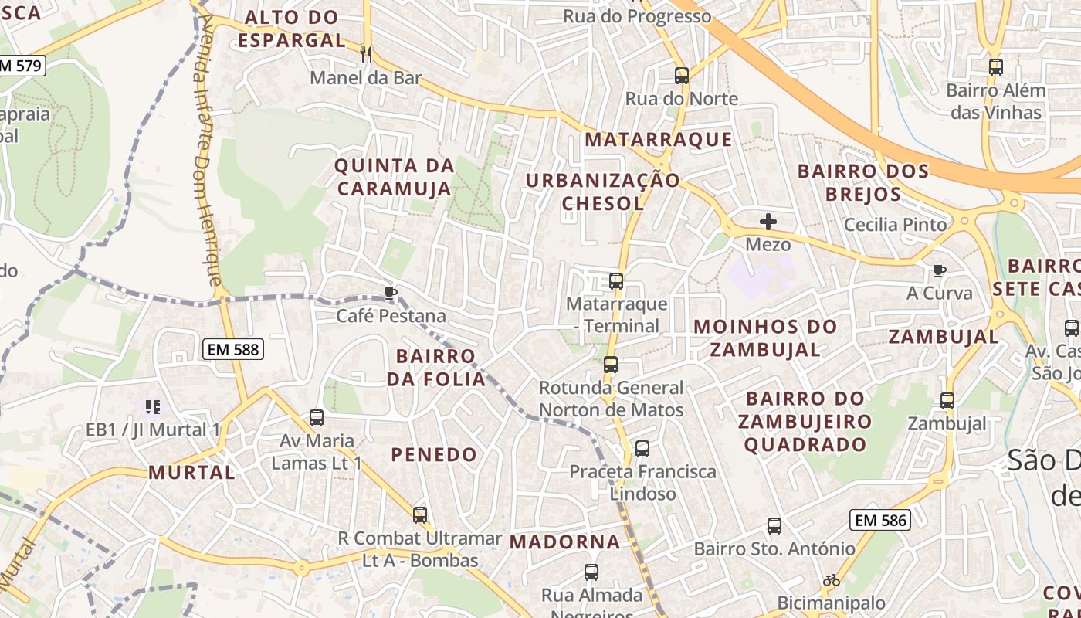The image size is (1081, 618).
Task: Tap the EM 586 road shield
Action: (880, 521)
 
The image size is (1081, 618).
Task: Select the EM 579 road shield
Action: (21, 66)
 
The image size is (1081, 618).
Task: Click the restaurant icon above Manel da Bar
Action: (366, 55)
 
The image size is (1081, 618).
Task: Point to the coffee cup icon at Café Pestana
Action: (391, 293)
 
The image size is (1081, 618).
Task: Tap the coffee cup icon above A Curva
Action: (939, 270)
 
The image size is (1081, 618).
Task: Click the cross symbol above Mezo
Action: (768, 222)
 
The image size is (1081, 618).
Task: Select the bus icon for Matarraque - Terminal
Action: (616, 281)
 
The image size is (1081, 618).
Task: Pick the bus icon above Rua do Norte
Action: (681, 76)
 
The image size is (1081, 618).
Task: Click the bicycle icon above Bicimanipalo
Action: (831, 580)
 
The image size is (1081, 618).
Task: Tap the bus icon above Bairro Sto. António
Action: (774, 526)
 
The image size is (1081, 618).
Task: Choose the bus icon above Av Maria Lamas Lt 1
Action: (317, 418)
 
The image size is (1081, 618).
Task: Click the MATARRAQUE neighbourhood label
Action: (658, 140)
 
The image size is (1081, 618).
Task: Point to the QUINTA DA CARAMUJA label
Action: (394, 177)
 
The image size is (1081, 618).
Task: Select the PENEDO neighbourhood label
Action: (434, 454)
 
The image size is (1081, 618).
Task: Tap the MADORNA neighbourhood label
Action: (565, 542)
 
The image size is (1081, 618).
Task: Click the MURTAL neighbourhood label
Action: (191, 472)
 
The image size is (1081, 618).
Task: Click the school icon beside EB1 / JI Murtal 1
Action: (153, 406)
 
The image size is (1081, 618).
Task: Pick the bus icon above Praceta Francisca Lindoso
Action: (642, 449)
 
